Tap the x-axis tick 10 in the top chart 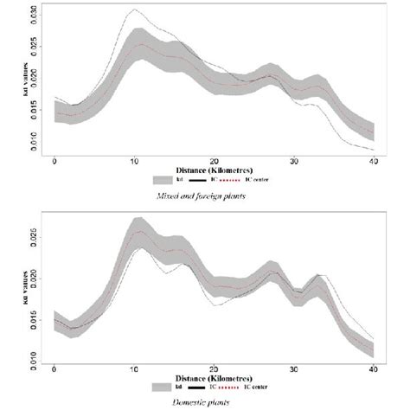(x=134, y=162)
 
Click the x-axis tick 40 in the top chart (x=373, y=162)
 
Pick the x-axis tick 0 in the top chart (x=54, y=162)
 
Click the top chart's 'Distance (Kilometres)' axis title (x=214, y=170)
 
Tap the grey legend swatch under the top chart (x=162, y=181)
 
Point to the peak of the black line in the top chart (x=134, y=10)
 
